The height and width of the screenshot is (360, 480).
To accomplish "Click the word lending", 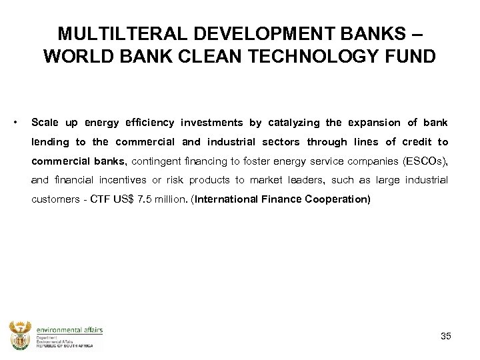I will [51, 142].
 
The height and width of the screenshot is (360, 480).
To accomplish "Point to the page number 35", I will [445, 336].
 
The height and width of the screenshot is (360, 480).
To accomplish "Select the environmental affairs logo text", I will [69, 330].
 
